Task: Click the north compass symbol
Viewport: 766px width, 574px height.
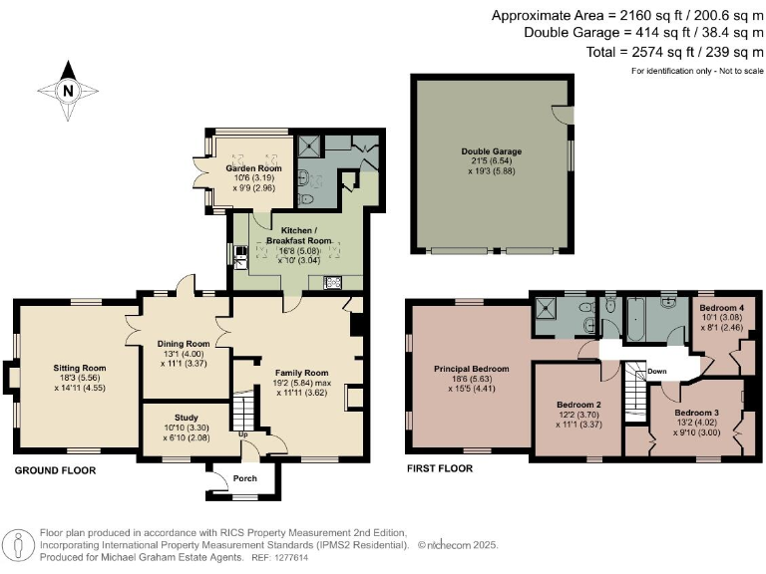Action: (68, 89)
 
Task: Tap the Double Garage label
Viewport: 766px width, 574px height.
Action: (492, 151)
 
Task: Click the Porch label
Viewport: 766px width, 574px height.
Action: (244, 479)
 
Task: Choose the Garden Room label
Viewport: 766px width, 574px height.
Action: (253, 169)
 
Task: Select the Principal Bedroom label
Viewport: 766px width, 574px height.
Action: (471, 369)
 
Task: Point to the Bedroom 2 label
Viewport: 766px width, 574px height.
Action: (578, 404)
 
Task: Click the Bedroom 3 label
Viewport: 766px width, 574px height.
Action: (696, 412)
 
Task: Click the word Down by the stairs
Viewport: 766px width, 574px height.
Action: (656, 371)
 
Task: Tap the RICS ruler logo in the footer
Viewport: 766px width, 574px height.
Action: (19, 545)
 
